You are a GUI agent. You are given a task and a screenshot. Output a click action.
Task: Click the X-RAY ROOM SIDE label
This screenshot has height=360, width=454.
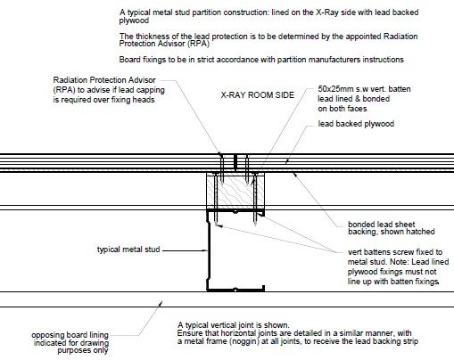pyautogui.click(x=257, y=95)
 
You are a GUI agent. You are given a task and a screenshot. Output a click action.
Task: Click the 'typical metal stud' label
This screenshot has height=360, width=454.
pyautogui.click(x=128, y=250)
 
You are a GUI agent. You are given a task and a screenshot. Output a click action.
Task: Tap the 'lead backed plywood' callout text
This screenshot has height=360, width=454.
pyautogui.click(x=356, y=124)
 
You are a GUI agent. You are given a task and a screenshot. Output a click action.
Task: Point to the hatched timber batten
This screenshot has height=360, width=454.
pyautogui.click(x=235, y=191)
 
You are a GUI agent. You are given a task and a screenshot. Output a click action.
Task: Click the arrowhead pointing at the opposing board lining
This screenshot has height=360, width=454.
pyautogui.click(x=161, y=303)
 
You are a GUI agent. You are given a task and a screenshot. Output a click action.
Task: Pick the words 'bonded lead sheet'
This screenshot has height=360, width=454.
pyautogui.click(x=381, y=225)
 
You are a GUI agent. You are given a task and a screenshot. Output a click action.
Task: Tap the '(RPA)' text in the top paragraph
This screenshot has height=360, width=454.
pyautogui.click(x=198, y=44)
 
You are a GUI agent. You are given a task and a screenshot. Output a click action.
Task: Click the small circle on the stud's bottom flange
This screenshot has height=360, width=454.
pyautogui.click(x=235, y=290)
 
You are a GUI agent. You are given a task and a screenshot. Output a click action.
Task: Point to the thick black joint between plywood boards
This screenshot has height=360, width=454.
pyautogui.click(x=235, y=162)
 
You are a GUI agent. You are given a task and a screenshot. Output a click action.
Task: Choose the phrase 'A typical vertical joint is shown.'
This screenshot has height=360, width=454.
pyautogui.click(x=233, y=325)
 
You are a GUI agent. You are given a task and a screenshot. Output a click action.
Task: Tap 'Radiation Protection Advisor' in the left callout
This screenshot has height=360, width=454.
pyautogui.click(x=104, y=80)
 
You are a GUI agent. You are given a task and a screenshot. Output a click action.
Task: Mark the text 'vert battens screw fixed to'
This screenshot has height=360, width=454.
pyautogui.click(x=395, y=252)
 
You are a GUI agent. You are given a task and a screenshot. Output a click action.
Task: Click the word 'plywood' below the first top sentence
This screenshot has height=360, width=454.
pyautogui.click(x=134, y=20)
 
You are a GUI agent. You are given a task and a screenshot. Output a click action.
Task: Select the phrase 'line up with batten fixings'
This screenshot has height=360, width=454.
pyautogui.click(x=392, y=282)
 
